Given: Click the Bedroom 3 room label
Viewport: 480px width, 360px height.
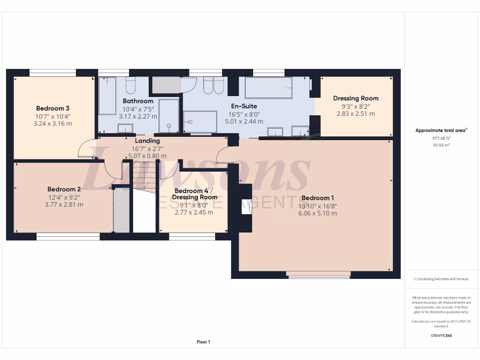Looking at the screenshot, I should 53,108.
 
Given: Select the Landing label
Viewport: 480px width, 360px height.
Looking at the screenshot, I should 147,141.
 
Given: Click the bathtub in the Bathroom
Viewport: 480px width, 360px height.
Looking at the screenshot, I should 107,96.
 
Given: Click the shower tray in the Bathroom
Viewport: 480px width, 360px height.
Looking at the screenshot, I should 168,115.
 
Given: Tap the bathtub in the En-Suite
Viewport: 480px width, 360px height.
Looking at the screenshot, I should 268,88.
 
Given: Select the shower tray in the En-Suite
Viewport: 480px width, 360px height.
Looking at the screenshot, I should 200,122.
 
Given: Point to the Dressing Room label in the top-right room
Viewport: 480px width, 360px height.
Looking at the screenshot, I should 355,98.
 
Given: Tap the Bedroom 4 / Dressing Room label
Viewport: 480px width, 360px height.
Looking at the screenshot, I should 194,194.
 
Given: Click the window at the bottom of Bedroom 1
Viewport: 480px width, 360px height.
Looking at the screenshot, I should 319,275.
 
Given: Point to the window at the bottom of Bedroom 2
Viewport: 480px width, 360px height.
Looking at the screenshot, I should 68,237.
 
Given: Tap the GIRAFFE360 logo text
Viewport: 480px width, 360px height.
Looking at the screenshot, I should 442,336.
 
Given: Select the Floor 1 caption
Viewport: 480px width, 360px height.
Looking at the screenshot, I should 203,342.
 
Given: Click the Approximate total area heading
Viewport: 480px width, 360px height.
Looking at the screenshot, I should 442,131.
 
